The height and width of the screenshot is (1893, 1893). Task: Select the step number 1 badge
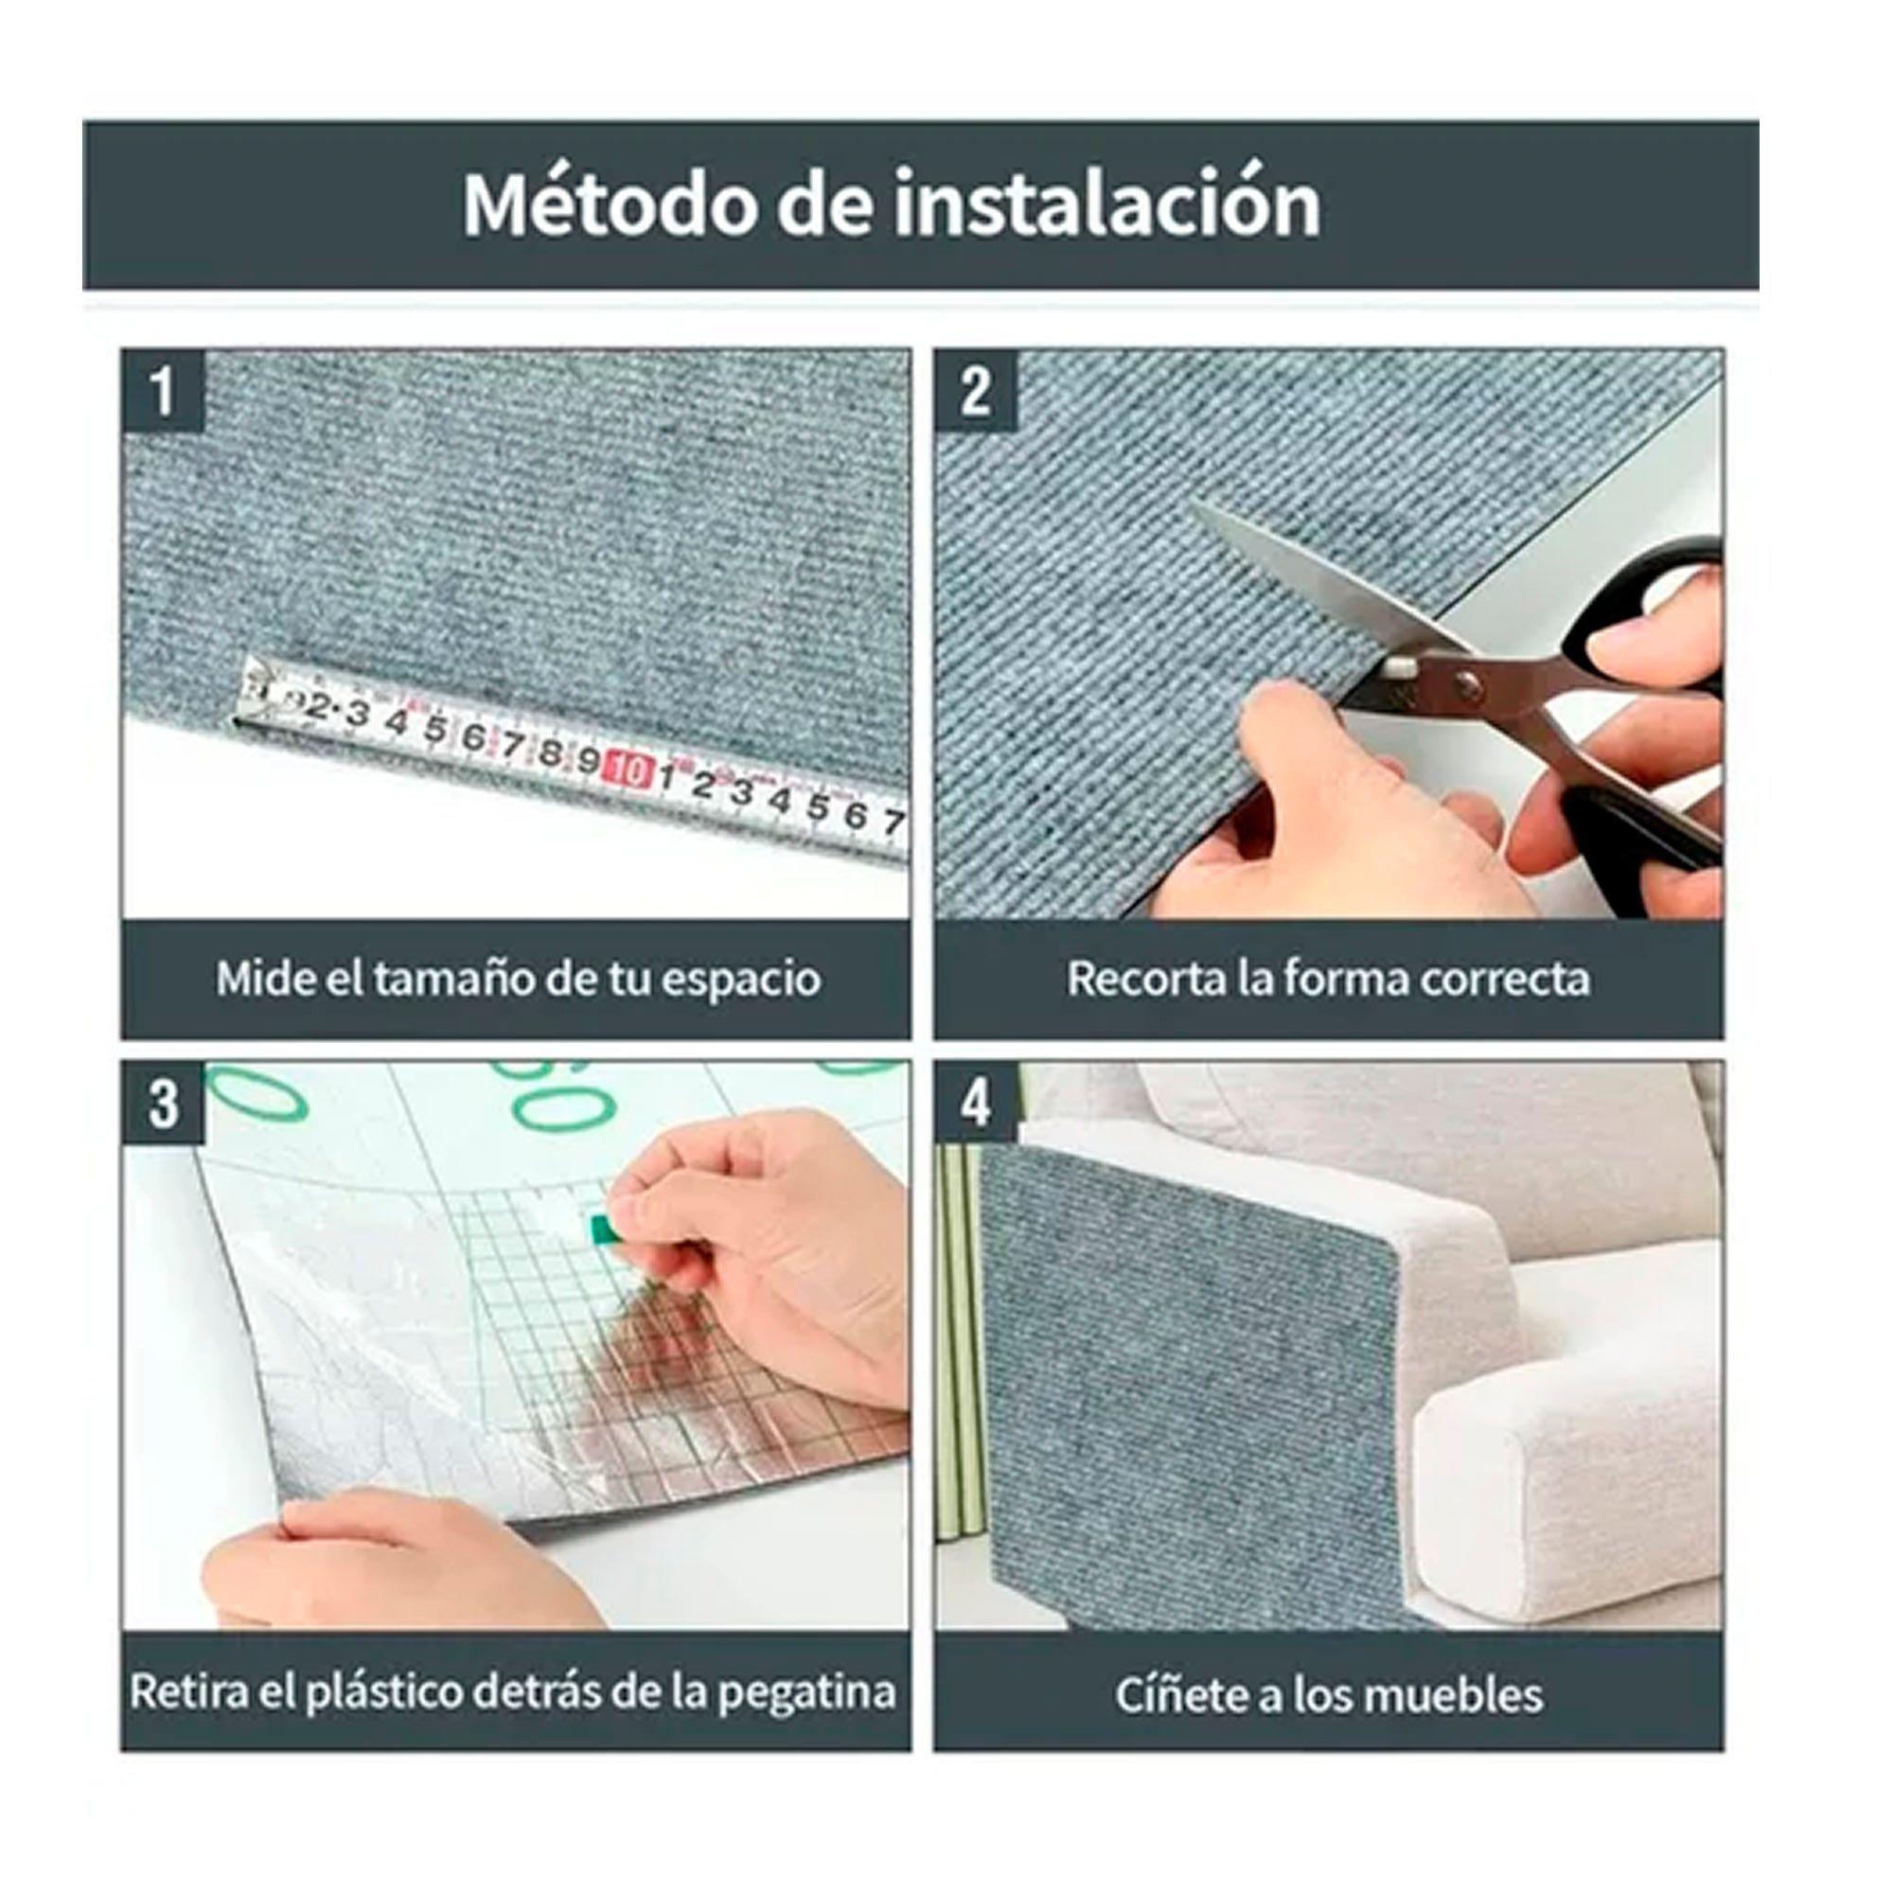point(163,391)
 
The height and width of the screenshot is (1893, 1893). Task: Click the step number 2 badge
point(975,391)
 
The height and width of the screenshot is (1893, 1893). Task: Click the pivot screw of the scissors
point(1466,683)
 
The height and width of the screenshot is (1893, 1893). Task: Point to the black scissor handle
point(1655,628)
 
